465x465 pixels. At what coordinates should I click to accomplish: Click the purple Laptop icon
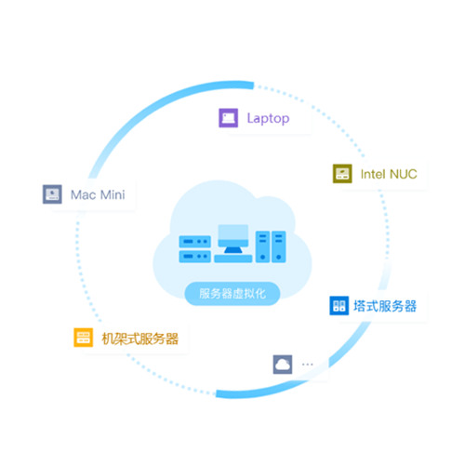point(229,118)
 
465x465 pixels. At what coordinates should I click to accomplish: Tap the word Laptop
point(268,119)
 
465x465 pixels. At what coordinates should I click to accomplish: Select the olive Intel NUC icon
point(342,174)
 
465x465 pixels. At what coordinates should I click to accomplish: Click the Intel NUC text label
point(389,174)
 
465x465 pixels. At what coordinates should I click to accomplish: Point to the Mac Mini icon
point(52,194)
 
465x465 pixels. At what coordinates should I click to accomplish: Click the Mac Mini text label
point(98,195)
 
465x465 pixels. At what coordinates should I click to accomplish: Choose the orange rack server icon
point(83,338)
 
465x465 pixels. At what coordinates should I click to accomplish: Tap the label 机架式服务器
point(140,339)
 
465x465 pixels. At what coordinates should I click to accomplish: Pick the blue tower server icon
point(339,306)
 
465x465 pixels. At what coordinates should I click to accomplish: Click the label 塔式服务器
point(385,306)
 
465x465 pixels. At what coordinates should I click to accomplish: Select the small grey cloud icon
point(283,365)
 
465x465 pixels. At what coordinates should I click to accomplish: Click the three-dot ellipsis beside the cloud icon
point(307,365)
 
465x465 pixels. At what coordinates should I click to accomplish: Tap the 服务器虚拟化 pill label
point(232,294)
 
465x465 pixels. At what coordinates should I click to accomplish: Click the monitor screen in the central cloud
point(233,235)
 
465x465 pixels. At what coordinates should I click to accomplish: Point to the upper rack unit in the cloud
point(195,242)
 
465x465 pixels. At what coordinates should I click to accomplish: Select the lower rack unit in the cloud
point(195,257)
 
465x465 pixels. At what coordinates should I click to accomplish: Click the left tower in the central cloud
point(262,246)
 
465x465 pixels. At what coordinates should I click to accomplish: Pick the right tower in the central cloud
point(279,246)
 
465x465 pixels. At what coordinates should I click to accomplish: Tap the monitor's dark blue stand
point(233,250)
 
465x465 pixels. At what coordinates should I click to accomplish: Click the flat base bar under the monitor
point(233,259)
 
